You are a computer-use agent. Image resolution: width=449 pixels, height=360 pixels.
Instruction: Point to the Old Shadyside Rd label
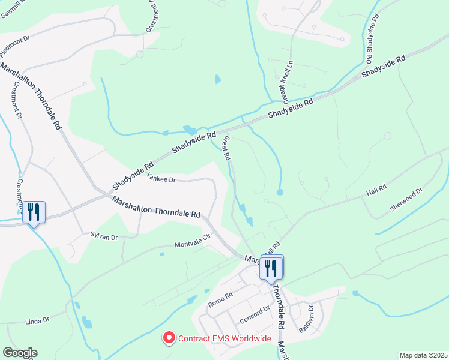point(373,42)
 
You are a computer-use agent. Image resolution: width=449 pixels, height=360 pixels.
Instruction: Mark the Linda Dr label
point(37,322)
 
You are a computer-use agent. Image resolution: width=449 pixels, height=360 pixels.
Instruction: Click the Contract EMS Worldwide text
point(225,339)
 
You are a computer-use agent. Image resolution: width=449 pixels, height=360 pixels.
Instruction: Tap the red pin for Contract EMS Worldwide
point(169,338)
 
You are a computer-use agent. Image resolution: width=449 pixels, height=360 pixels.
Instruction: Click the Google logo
point(20,353)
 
